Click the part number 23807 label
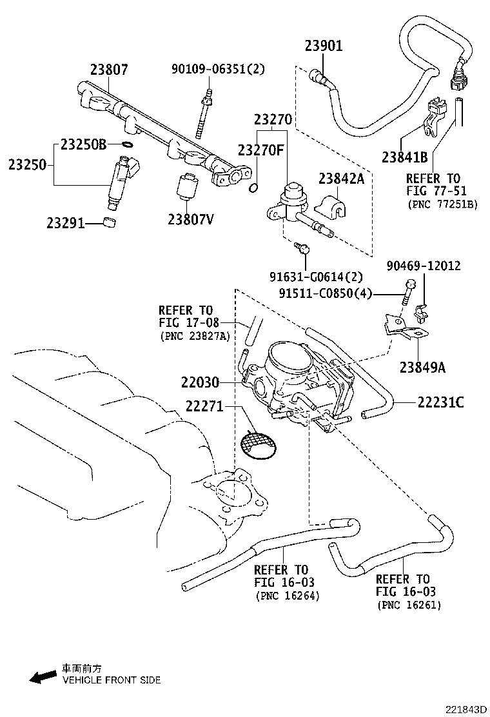click(109, 69)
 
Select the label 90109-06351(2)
click(218, 69)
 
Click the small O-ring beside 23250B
click(128, 144)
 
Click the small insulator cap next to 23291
click(111, 223)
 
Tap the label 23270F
click(260, 150)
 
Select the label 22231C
click(440, 402)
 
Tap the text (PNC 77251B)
click(442, 204)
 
